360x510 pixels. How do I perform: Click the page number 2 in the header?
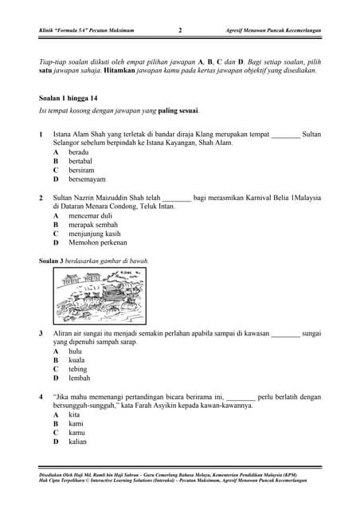pos(180,30)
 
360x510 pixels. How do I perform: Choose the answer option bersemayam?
pos(88,179)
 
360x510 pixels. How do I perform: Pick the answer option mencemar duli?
pos(90,215)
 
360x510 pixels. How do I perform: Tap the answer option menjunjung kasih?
pos(94,234)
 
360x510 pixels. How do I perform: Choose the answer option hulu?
pos(75,351)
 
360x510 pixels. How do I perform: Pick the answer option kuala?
pos(76,360)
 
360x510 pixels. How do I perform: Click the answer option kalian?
pos(77,441)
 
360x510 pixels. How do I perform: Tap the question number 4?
pos(41,396)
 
